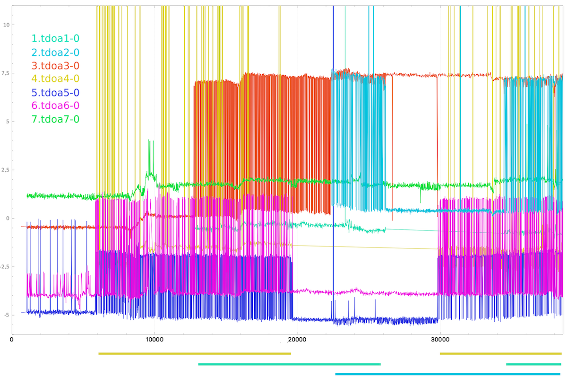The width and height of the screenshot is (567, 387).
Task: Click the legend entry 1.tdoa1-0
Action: click(x=55, y=39)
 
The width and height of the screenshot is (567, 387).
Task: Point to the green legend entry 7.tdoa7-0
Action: click(x=55, y=119)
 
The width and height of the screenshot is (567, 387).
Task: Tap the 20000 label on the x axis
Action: click(x=297, y=339)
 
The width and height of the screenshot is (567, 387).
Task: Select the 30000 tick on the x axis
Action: click(x=440, y=339)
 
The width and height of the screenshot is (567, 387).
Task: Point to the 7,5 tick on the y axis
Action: click(x=6, y=73)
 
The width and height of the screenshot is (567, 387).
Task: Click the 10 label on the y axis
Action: click(x=6, y=25)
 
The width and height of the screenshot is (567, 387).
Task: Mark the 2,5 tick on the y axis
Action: click(x=6, y=170)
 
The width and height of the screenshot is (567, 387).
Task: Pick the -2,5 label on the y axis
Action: click(x=5, y=267)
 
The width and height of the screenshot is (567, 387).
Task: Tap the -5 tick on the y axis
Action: click(x=6, y=315)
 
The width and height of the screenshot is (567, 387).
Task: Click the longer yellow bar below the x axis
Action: click(x=195, y=353)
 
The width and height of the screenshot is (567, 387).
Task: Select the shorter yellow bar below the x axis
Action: click(x=500, y=353)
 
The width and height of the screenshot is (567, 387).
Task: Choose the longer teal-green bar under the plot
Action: click(x=290, y=364)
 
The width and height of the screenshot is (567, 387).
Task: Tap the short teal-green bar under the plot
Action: click(x=533, y=364)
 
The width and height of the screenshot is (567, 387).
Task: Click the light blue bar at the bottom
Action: click(x=447, y=374)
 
